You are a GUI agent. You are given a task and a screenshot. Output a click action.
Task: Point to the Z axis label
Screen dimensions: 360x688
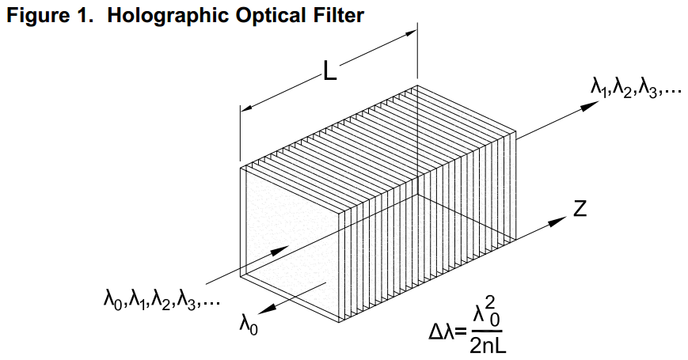(x=580, y=209)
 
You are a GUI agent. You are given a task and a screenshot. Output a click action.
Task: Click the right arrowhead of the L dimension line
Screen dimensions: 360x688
(x=412, y=32)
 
